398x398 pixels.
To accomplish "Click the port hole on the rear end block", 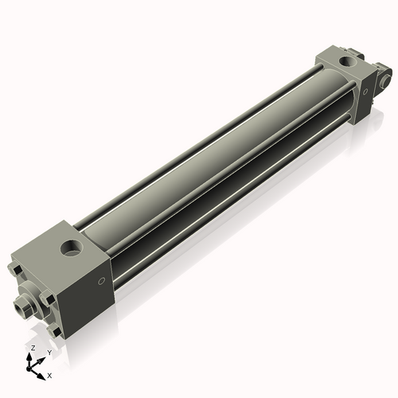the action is point(346,62).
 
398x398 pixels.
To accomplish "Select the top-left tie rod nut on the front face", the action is point(15,269).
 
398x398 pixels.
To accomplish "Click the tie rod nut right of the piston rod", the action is point(47,300).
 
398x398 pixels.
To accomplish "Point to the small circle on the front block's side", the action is point(102,281).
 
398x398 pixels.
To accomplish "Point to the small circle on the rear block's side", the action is point(365,92).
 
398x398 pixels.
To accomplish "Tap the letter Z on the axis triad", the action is point(33,348).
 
